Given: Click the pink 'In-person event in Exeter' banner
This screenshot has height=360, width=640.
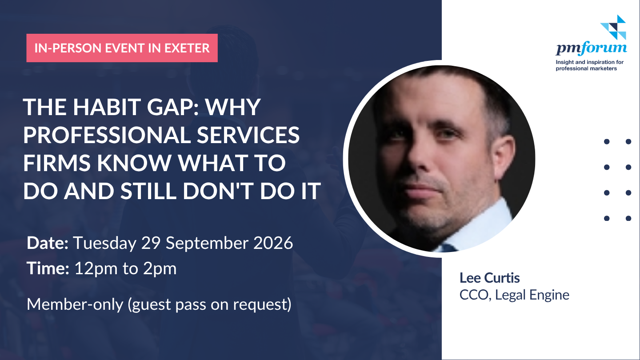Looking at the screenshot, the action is pos(122,48).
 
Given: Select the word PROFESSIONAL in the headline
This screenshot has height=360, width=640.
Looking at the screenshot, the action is pos(107,135).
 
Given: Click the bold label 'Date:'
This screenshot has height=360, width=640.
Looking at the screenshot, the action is pos(48,243).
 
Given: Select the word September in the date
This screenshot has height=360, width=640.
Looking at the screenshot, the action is pos(207,244).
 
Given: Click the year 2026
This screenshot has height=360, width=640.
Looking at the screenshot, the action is pos(273,243).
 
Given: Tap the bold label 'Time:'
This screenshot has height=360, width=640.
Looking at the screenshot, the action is pos(48,268).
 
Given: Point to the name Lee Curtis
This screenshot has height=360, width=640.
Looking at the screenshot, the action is pos(489,278).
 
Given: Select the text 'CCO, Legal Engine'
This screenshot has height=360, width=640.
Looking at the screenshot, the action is pos(514,295).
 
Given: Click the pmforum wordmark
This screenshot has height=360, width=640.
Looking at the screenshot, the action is pos(591,48).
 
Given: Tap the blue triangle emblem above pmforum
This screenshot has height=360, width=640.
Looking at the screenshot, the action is pos(614,27).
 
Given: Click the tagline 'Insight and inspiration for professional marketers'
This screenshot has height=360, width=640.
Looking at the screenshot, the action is pos(589,65).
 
